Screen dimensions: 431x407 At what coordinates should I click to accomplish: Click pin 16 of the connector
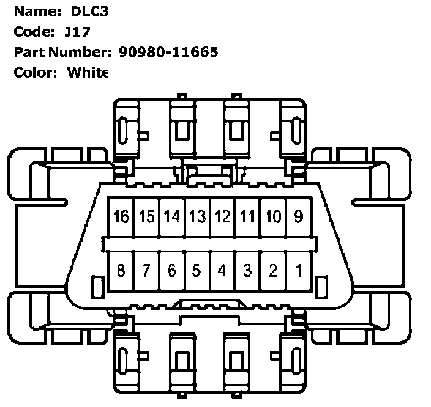(x=121, y=216)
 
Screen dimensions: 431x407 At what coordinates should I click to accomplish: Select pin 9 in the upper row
(x=299, y=216)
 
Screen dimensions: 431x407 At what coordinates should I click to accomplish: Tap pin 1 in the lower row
(x=299, y=271)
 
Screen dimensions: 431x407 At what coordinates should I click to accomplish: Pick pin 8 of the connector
(x=121, y=271)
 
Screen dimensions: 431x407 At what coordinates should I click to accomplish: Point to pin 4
(x=222, y=271)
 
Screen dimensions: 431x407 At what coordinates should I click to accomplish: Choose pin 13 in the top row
(x=198, y=216)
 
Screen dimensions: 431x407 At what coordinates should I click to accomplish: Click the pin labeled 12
(x=222, y=216)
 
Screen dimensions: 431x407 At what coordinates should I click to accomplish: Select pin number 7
(x=146, y=271)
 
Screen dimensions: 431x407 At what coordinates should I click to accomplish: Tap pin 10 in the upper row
(x=274, y=216)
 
